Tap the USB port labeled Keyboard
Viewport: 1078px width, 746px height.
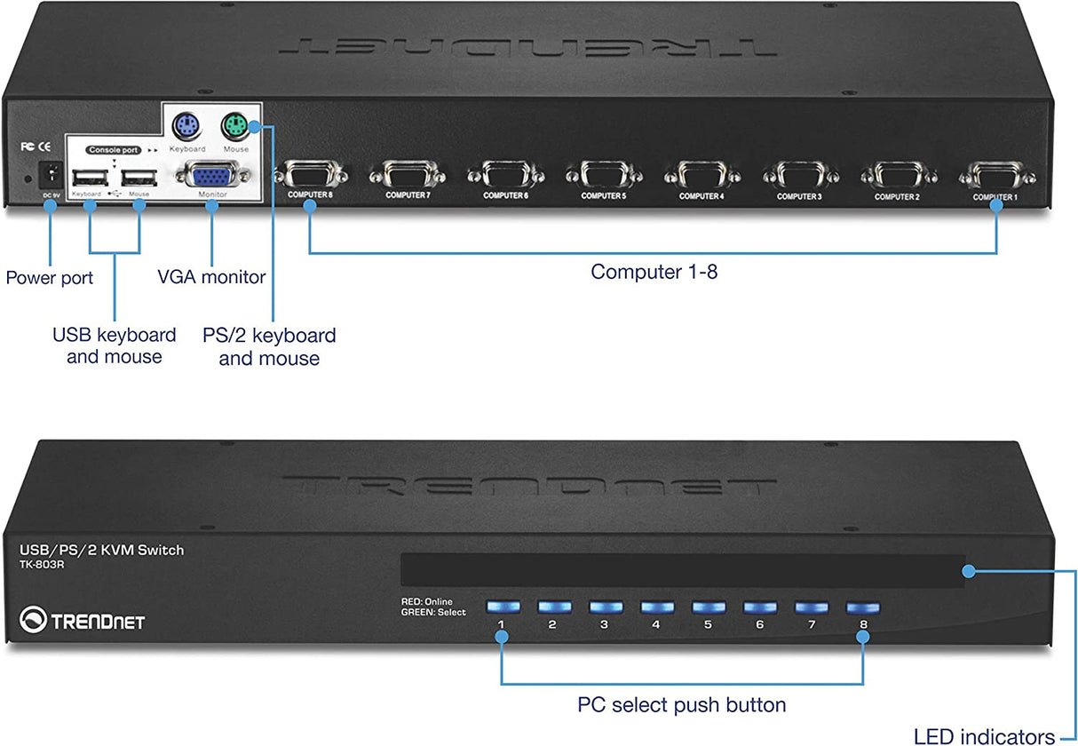[88, 176]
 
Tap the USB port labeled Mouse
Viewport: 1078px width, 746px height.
[139, 176]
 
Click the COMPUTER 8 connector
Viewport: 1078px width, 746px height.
[309, 174]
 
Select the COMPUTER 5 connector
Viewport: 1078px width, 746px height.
[603, 174]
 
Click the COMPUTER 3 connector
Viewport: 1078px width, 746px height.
[799, 174]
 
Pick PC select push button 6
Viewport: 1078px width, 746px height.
[759, 607]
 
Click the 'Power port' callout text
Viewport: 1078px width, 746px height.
[49, 278]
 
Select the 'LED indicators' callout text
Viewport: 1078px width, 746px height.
[984, 735]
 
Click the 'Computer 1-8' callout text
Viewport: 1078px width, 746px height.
[654, 272]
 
